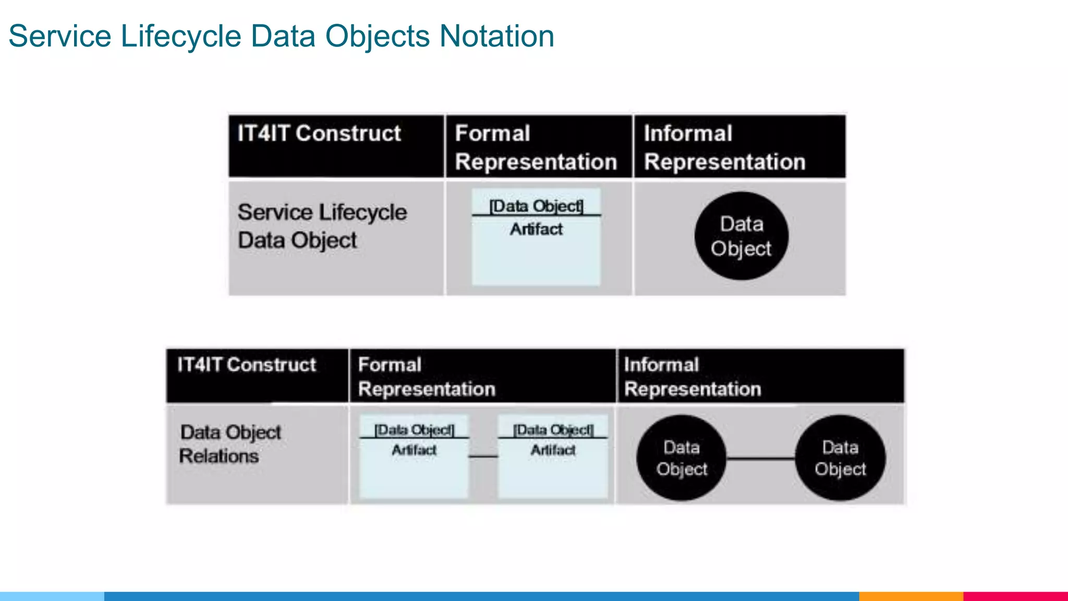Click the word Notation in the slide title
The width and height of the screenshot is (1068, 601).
496,37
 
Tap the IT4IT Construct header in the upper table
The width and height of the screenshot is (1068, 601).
319,134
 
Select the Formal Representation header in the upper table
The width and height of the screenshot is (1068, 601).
536,148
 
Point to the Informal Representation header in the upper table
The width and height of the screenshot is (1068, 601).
724,148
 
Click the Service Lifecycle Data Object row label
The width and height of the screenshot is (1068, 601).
322,226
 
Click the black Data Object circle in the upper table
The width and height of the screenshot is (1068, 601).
741,236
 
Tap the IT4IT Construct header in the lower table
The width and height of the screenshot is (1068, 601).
247,365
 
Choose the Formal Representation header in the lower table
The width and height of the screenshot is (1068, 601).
426,377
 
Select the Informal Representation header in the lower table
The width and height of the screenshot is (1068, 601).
692,377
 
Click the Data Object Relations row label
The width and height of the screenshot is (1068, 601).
230,444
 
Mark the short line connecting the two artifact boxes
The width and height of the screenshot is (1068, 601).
483,456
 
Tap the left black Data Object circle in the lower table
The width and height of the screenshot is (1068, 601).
682,458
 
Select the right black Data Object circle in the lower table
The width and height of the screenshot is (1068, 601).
840,458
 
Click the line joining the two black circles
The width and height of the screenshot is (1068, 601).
761,459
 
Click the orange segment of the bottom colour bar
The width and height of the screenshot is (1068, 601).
911,596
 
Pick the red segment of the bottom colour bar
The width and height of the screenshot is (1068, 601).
1015,596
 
